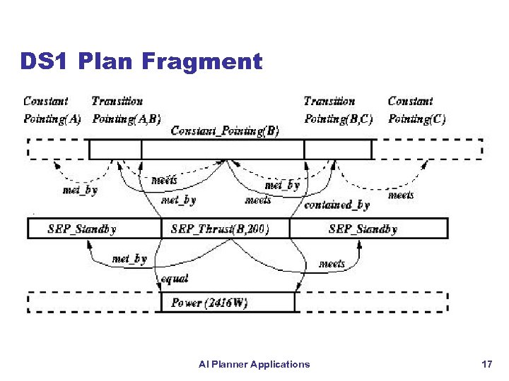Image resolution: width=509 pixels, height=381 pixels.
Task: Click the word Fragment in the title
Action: click(x=202, y=62)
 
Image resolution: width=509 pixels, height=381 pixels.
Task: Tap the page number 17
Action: click(x=486, y=364)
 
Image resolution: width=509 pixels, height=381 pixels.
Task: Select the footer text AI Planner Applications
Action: click(x=254, y=364)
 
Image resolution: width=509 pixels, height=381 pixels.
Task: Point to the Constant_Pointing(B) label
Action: click(x=225, y=131)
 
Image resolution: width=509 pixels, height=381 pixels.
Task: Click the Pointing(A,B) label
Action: click(x=127, y=119)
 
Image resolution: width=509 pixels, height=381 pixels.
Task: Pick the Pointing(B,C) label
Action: click(x=339, y=119)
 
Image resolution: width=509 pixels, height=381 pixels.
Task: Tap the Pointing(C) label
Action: click(x=417, y=119)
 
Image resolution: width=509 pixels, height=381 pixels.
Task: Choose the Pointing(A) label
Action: click(x=52, y=119)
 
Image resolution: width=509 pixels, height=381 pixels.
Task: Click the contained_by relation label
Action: click(x=337, y=205)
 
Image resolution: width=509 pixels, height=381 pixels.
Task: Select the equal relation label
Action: click(x=175, y=279)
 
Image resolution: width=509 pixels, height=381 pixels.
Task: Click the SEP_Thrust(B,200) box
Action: click(x=220, y=229)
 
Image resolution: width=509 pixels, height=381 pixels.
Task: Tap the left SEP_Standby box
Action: click(x=82, y=229)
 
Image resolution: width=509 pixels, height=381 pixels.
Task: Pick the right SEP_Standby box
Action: click(x=363, y=229)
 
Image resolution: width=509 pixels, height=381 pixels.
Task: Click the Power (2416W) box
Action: click(x=209, y=303)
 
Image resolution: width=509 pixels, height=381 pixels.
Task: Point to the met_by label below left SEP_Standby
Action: click(x=129, y=259)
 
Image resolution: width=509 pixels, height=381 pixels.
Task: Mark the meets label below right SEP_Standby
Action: click(x=332, y=264)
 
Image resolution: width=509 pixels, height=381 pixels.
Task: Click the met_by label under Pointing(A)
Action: click(x=80, y=190)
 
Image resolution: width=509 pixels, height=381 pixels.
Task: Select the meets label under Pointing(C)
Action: click(x=401, y=195)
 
